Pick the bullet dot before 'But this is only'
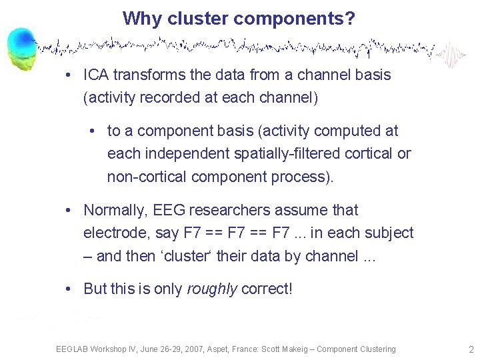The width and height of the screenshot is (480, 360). click(69, 289)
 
